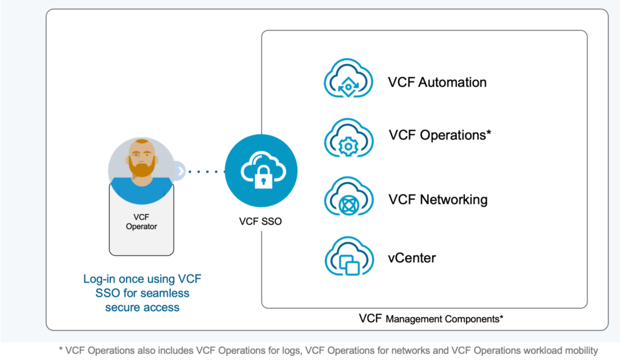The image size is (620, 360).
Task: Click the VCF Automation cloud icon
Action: pos(348,78)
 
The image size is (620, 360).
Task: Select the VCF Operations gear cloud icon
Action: pos(348,138)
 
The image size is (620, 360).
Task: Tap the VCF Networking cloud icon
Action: pos(348,196)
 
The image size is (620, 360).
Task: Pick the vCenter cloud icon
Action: pos(349,256)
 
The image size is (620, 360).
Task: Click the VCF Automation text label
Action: pos(437,82)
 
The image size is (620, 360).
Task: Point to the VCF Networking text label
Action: pos(438,200)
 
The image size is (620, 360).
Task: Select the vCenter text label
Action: pos(412,258)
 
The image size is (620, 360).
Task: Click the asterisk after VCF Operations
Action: pos(488,132)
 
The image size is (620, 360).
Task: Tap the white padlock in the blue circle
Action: pos(264,177)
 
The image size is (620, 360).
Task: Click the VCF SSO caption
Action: pos(260,221)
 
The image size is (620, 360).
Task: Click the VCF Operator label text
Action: pos(141,222)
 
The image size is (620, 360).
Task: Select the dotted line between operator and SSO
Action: pos(206,172)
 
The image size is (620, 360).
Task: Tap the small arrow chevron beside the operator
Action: pos(180,172)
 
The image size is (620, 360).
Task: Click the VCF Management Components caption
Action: pos(431,318)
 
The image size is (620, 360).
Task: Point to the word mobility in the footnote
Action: pos(581,350)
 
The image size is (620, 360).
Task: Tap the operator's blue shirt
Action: pos(141,191)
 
